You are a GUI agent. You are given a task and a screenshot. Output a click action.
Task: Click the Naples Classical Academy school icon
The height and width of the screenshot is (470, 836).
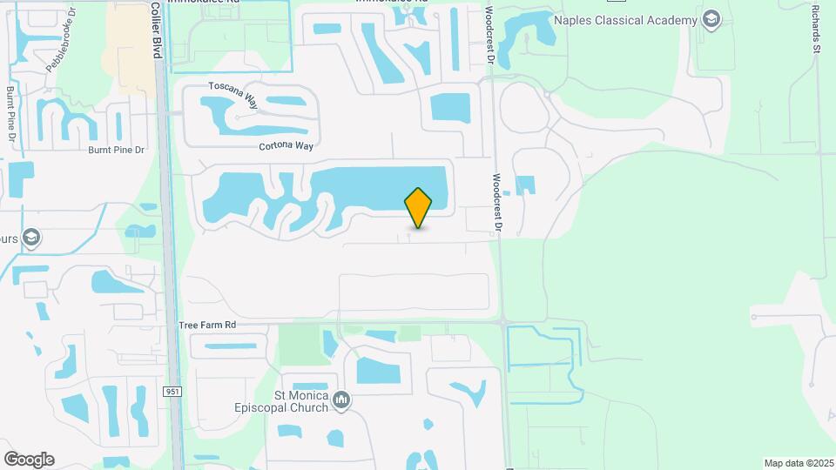point(711,19)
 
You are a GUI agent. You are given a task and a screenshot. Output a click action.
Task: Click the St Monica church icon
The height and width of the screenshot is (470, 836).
point(341,400)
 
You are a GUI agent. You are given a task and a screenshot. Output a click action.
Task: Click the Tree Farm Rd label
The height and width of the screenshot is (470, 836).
point(207,325)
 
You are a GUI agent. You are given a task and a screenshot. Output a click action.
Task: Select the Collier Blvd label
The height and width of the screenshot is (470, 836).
point(157,30)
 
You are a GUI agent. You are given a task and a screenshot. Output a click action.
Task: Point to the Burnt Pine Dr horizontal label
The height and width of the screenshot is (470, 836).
point(114,150)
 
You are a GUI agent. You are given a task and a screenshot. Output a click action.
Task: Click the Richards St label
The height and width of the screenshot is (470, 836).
point(816,30)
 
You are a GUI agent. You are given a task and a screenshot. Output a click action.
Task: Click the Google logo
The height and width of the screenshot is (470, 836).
point(29,459)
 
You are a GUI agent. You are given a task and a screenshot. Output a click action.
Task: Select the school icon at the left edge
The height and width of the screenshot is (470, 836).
point(31,237)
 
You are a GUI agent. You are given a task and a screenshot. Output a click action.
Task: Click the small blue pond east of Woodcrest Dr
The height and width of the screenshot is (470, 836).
point(525,185)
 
